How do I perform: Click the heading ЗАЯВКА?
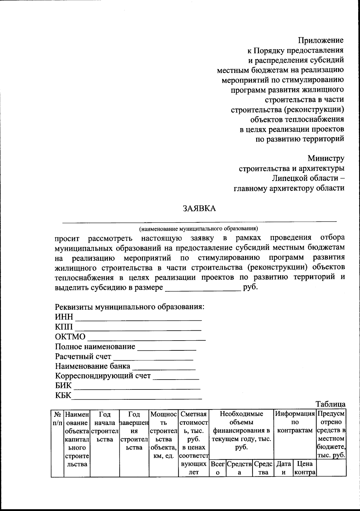199,209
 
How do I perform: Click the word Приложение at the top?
321,40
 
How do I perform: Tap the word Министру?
325,158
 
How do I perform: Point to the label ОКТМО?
70,337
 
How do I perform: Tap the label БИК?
63,386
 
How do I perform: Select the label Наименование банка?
92,366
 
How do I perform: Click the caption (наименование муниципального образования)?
198,229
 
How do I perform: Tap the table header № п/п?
57,418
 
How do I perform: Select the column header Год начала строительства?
105,427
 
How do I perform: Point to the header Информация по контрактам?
295,422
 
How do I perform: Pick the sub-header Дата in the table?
283,464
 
